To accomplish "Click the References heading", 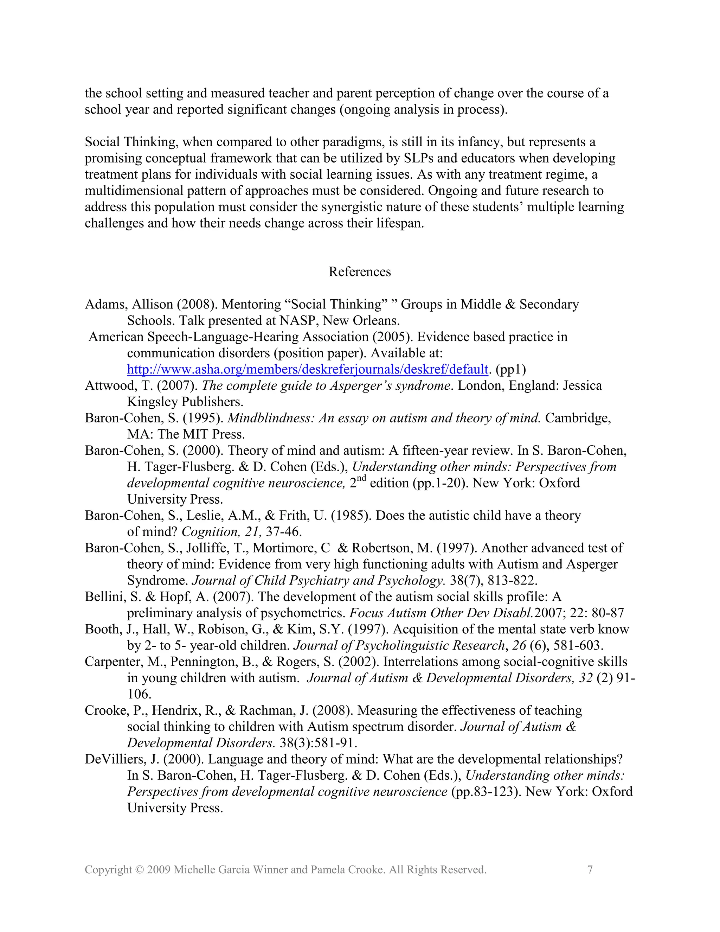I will (360, 272).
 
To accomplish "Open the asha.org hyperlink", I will (307, 369).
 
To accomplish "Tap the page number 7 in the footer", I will (590, 870).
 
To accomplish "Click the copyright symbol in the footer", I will (139, 870).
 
